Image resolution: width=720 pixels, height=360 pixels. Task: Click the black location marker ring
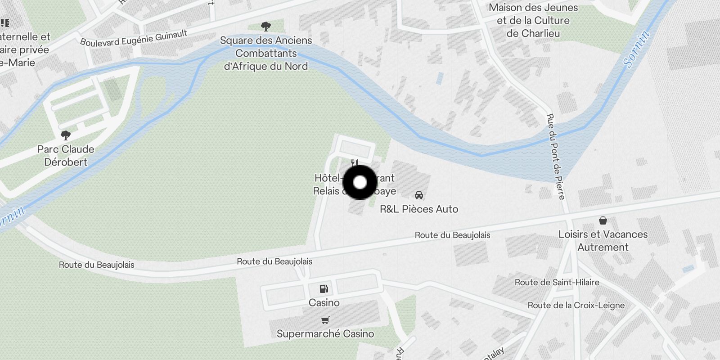360,182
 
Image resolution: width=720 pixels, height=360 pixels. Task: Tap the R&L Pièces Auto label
419,209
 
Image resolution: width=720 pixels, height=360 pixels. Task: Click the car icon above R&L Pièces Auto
419,195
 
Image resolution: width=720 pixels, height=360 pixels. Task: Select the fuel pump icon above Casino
324,289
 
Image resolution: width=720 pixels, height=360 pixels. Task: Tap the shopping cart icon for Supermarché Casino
325,320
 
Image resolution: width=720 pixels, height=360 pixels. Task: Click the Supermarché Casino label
325,333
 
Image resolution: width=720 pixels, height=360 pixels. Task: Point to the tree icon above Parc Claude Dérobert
66,135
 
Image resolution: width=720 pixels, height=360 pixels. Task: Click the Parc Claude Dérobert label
66,155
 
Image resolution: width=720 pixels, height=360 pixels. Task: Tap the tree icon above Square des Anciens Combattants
266,27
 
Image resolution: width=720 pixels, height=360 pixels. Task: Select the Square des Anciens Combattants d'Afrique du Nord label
266,53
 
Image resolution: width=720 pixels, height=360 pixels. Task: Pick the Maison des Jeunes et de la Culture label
533,20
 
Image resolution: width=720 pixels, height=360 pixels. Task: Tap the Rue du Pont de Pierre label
555,156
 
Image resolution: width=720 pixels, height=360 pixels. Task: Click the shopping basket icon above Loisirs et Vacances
603,220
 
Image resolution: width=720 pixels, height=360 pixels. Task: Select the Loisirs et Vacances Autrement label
603,240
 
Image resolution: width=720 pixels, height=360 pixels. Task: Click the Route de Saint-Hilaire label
557,282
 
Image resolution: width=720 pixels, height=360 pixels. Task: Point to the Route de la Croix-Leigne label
576,305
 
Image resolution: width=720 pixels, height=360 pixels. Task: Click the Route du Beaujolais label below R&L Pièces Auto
452,235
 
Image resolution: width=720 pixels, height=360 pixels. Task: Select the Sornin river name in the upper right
637,49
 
